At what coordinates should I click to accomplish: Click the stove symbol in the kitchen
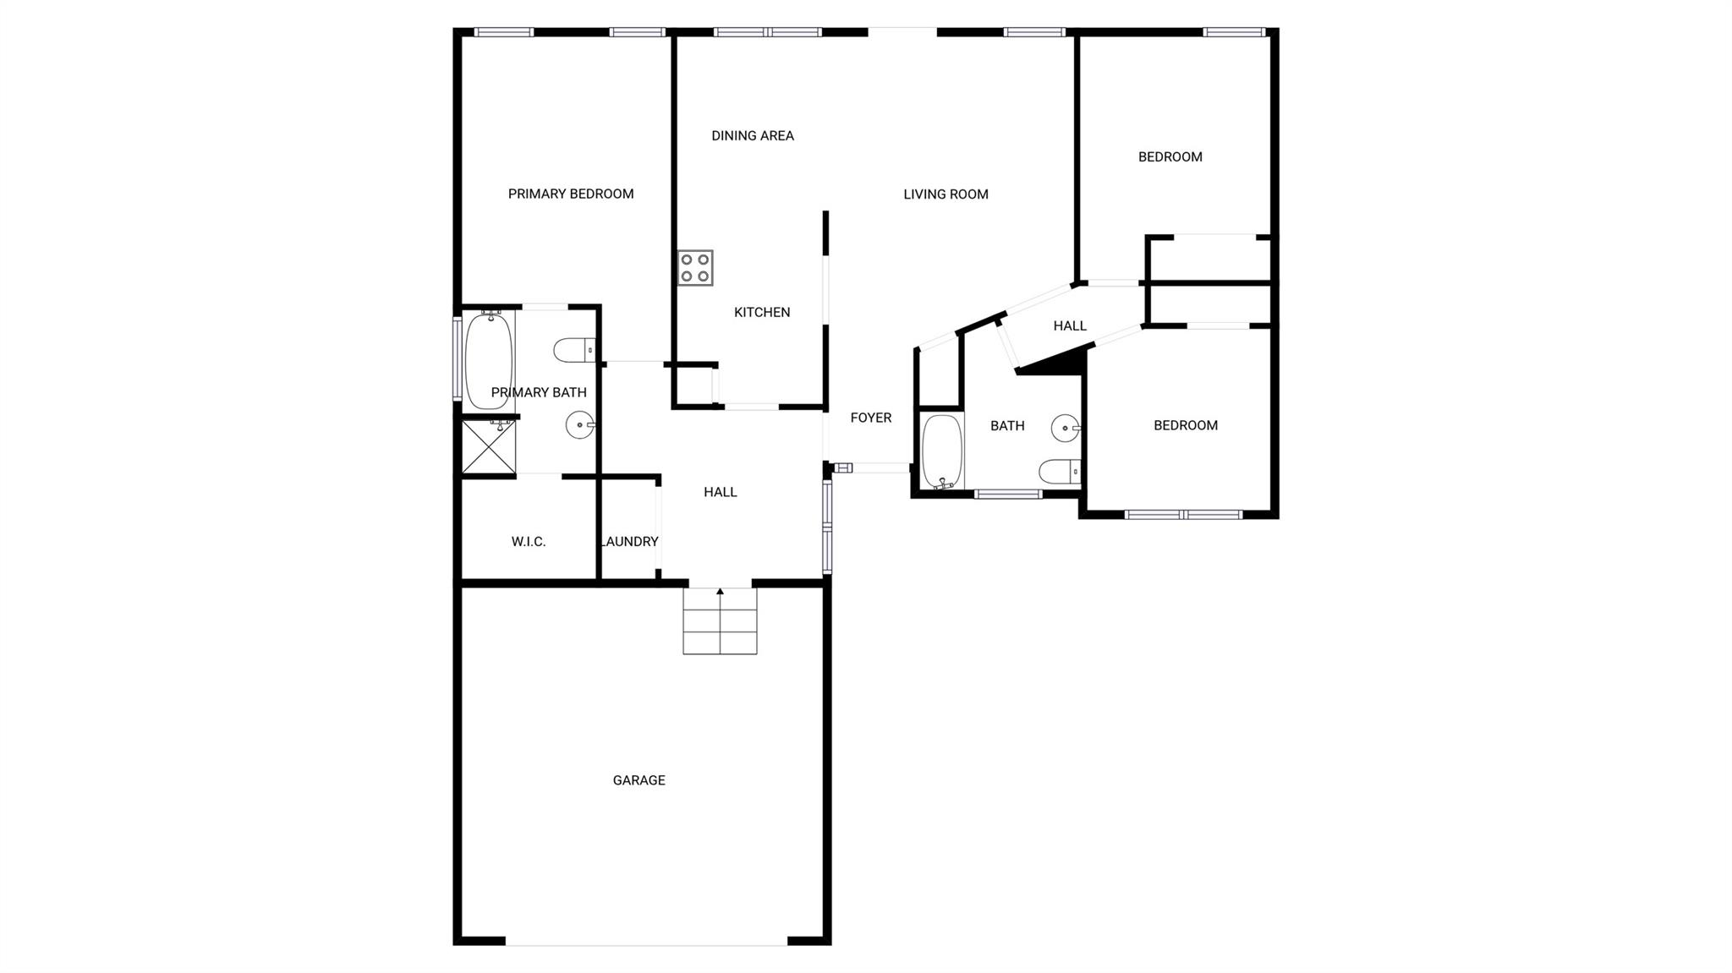point(695,268)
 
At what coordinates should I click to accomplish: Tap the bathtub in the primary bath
point(489,361)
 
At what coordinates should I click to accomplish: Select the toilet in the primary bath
point(574,349)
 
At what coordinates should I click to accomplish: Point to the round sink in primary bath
point(580,425)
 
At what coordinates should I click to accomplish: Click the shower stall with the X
point(489,446)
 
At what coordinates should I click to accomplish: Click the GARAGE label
point(639,780)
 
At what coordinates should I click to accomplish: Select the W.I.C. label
point(529,542)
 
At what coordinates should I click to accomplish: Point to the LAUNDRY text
point(629,542)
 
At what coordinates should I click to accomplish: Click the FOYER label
point(870,418)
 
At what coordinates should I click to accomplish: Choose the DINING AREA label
point(752,135)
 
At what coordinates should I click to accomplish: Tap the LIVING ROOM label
point(945,194)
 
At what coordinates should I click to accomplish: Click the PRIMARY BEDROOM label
point(571,194)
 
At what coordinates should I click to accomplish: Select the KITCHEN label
point(762,313)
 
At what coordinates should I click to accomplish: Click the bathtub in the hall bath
point(942,451)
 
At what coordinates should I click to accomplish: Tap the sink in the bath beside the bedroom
point(1065,429)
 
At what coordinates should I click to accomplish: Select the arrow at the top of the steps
point(720,592)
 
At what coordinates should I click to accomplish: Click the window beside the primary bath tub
point(457,358)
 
